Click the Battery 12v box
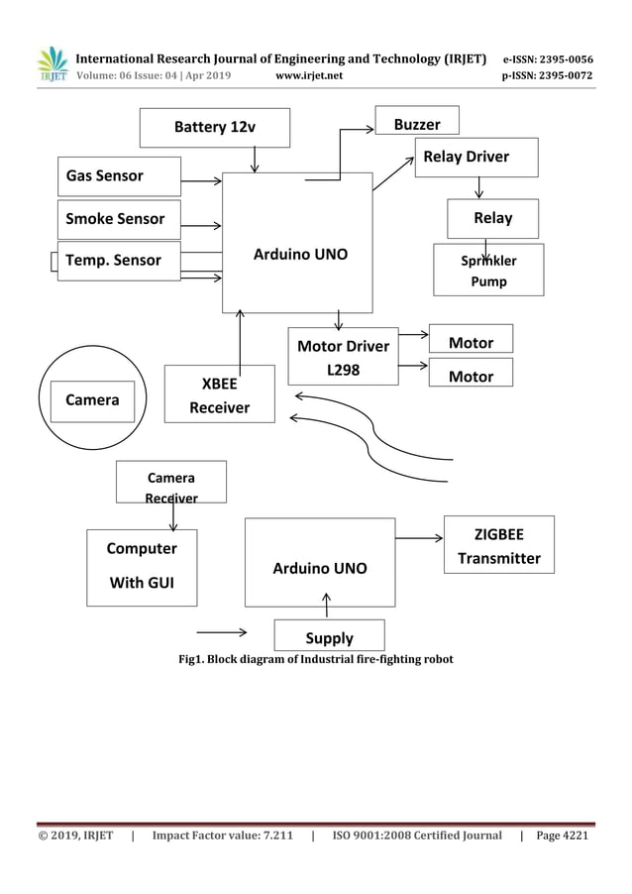click(215, 127)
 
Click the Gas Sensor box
click(119, 176)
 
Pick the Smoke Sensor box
click(119, 219)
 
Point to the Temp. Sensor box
click(119, 261)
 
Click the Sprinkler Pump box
click(488, 271)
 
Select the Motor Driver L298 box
click(343, 357)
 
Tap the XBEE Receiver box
click(220, 394)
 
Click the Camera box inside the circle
click(92, 399)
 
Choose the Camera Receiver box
click(170, 482)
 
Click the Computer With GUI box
click(142, 566)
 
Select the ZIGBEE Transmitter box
click(498, 545)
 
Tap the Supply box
click(329, 636)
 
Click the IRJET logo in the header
click(52, 64)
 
